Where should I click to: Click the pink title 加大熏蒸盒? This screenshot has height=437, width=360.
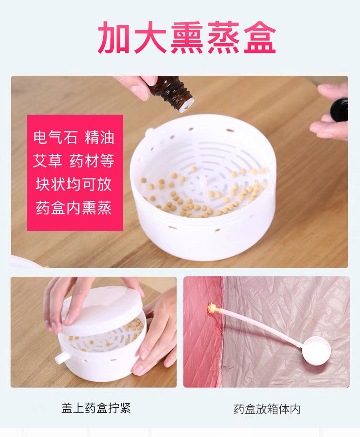(187, 38)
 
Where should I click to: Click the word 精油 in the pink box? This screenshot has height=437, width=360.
(99, 137)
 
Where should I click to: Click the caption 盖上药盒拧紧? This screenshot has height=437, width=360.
(96, 408)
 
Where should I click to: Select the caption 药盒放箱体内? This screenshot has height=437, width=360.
(267, 409)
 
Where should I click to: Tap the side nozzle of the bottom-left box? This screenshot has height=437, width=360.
(61, 358)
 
